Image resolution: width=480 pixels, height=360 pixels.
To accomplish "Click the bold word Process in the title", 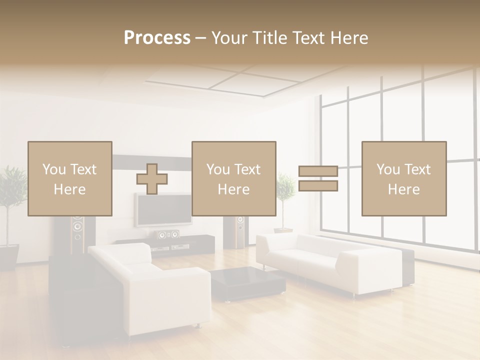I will click(157, 38).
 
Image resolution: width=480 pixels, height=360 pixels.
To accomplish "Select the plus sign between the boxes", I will click(152, 179).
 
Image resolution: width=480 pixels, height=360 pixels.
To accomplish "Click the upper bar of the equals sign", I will click(318, 171).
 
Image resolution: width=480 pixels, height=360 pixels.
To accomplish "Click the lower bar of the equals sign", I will click(318, 186).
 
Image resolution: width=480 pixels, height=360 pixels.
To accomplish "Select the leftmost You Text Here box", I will click(69, 178).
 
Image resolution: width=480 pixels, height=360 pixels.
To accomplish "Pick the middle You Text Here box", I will click(233, 178).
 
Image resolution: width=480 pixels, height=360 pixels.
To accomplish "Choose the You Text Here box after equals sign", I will click(403, 178).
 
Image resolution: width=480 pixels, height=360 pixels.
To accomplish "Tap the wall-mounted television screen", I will click(162, 210).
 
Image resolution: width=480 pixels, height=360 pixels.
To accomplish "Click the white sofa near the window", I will click(330, 260).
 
